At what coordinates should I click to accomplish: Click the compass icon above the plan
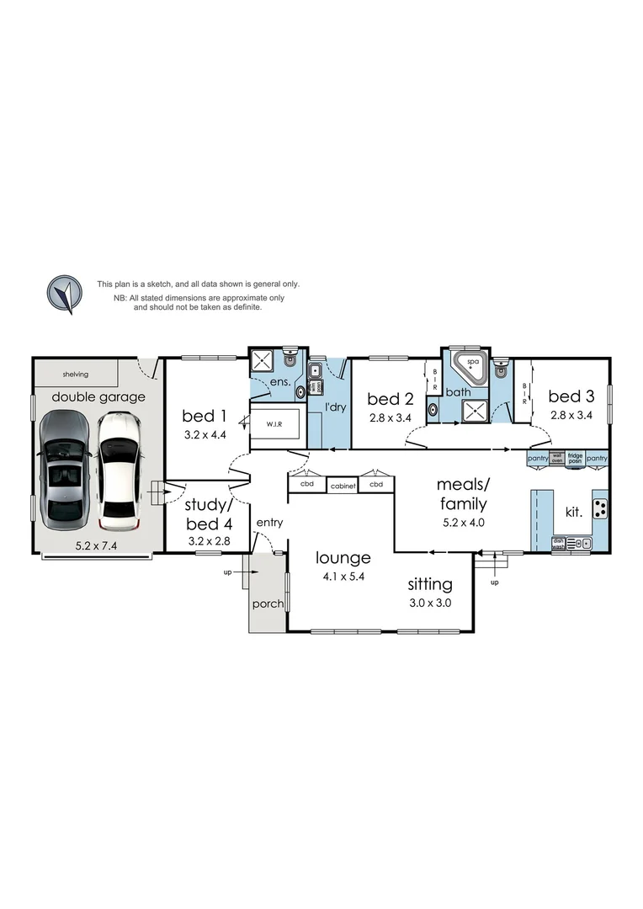pyautogui.click(x=64, y=294)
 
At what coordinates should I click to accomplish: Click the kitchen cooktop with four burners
pyautogui.click(x=601, y=508)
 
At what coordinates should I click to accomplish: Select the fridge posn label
pyautogui.click(x=575, y=458)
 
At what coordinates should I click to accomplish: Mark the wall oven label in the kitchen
pyautogui.click(x=556, y=458)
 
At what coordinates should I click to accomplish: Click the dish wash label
pyautogui.click(x=558, y=544)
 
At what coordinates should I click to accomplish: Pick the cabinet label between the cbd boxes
pyautogui.click(x=342, y=486)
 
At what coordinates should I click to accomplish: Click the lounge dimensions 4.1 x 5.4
pyautogui.click(x=343, y=577)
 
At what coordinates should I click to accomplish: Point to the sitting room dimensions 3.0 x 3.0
pyautogui.click(x=430, y=603)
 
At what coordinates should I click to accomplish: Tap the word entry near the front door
pyautogui.click(x=270, y=523)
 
